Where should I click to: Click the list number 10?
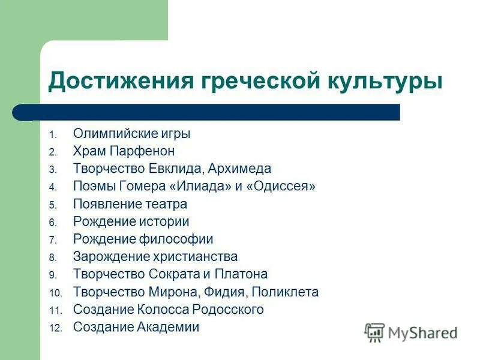tap(55, 293)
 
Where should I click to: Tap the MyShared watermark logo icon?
tap(375, 332)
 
